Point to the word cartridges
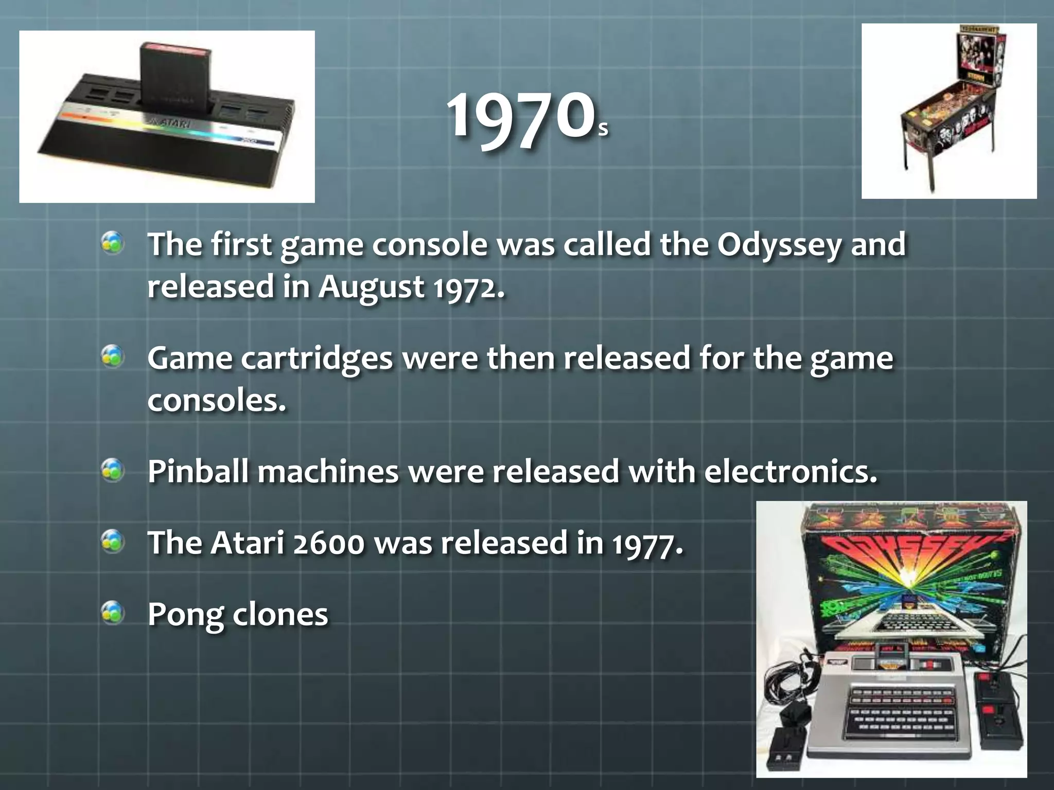click(317, 358)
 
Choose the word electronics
click(790, 472)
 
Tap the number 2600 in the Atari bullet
click(328, 543)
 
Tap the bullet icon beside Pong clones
click(113, 613)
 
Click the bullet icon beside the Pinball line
click(113, 470)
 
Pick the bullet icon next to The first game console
click(113, 243)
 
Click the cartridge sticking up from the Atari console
click(175, 77)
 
